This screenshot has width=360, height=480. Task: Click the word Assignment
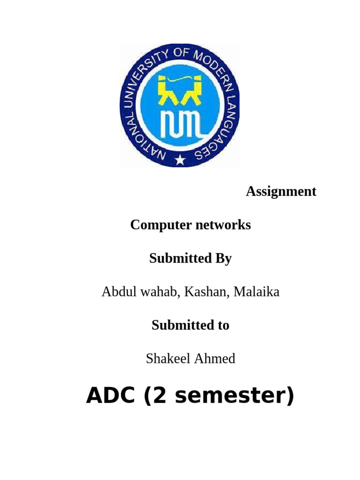click(x=281, y=191)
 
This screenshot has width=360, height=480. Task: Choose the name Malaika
click(x=256, y=292)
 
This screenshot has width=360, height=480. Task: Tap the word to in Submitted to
click(x=223, y=325)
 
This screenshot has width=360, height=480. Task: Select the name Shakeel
click(x=165, y=359)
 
